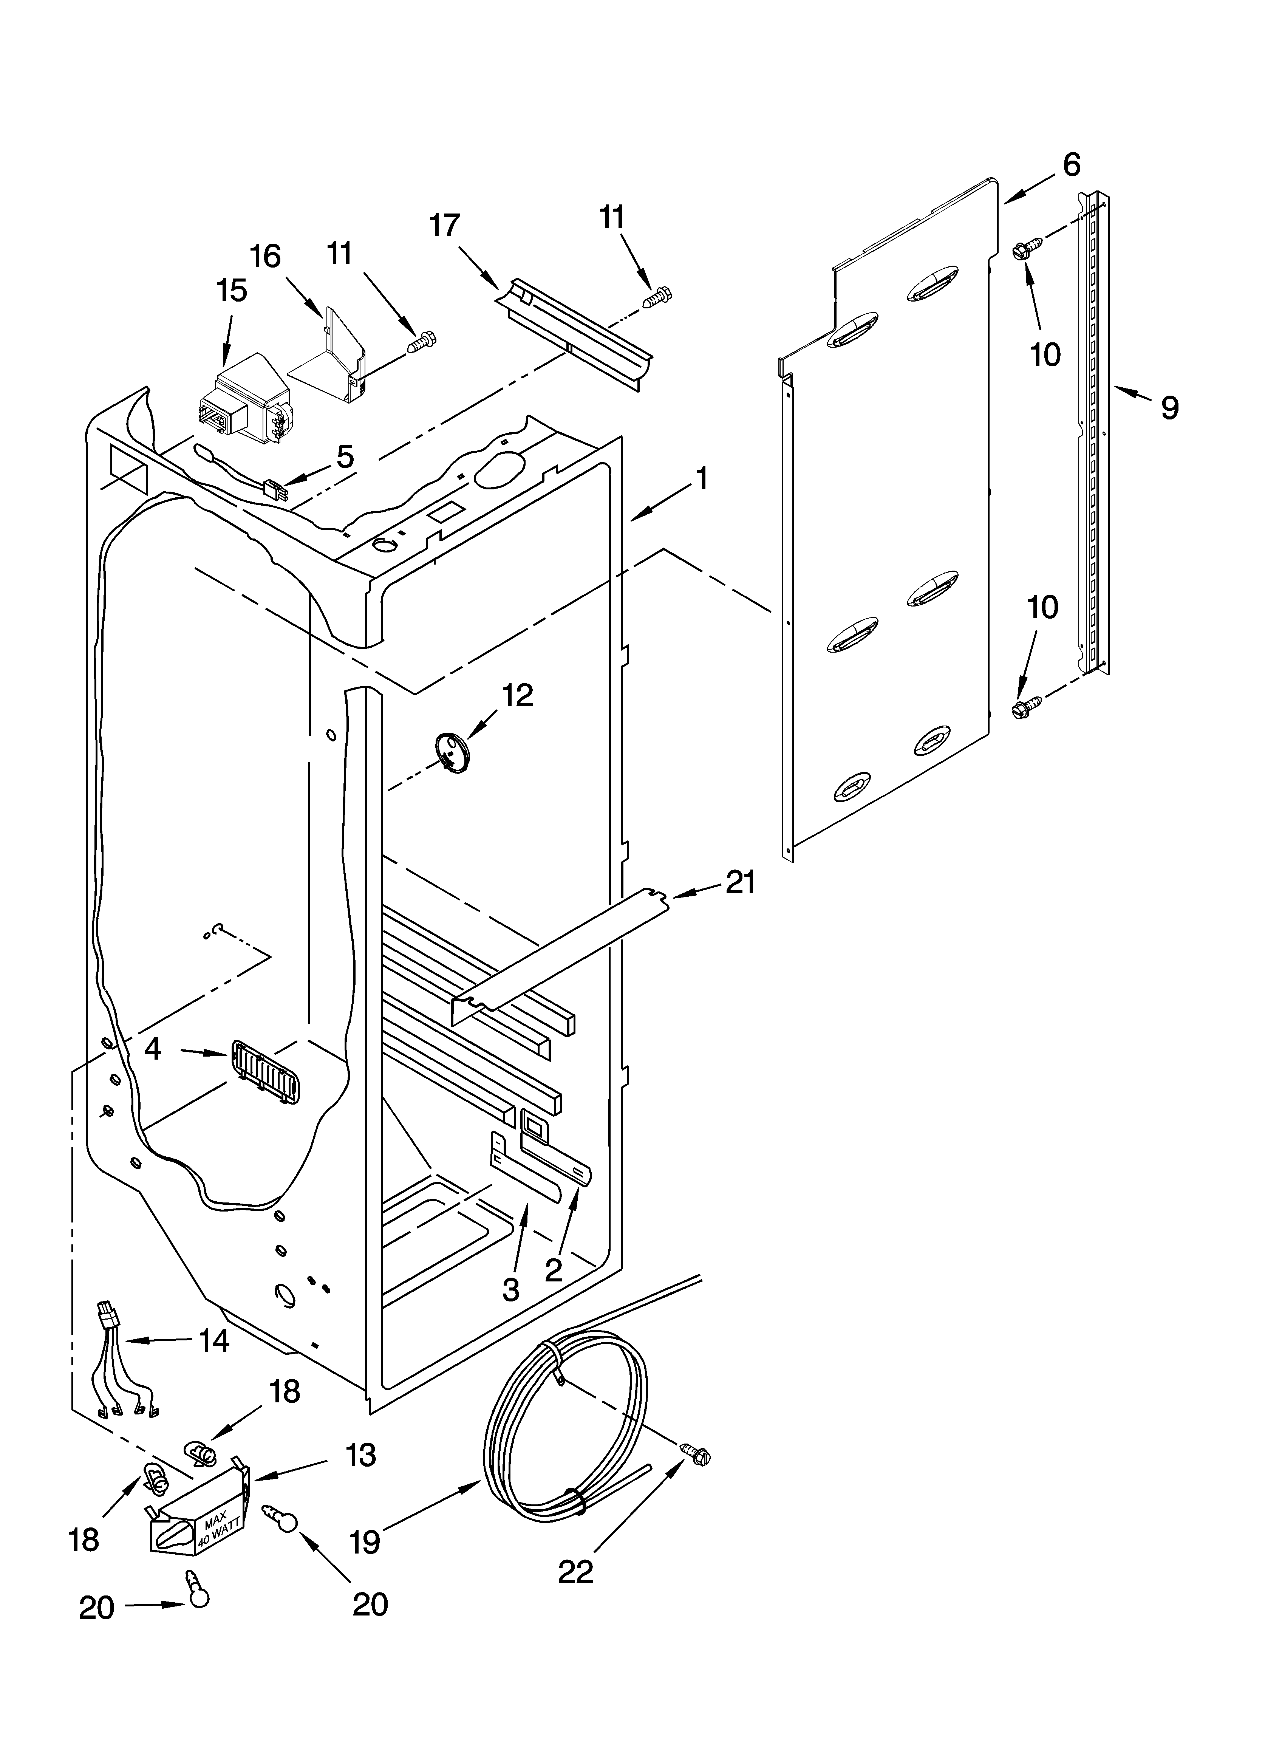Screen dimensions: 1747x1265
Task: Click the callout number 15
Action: [231, 291]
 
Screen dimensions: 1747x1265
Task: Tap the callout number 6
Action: [1072, 164]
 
